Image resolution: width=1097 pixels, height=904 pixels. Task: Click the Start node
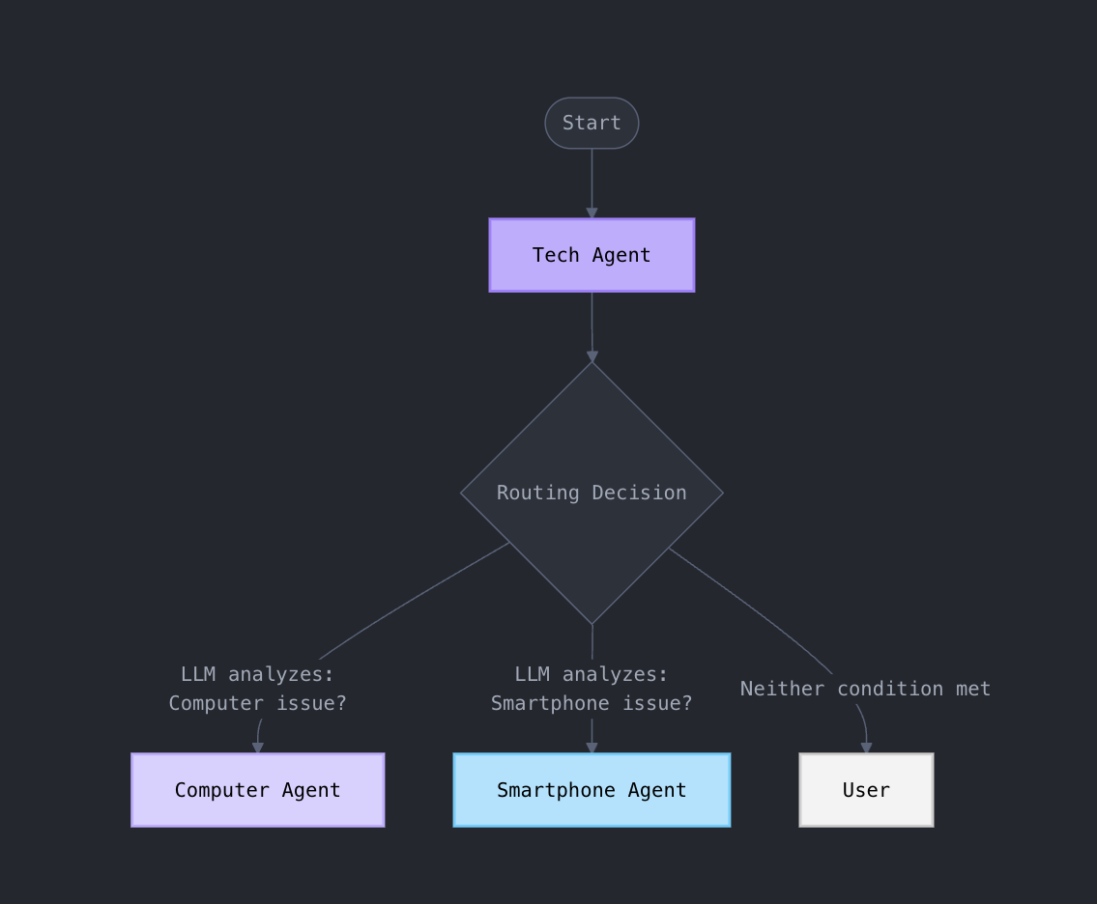coord(592,123)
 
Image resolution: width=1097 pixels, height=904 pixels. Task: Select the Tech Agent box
coord(592,255)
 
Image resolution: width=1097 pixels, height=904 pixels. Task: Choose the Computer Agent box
coord(258,790)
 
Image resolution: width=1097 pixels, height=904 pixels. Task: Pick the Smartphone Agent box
coord(592,790)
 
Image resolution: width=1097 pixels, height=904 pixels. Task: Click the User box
coord(866,790)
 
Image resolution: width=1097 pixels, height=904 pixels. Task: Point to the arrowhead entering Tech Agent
coord(592,213)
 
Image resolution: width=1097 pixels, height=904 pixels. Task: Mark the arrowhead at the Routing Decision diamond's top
coord(592,357)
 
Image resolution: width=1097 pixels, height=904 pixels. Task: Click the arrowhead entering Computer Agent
coord(258,748)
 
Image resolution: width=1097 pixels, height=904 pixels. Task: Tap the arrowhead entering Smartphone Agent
coord(592,748)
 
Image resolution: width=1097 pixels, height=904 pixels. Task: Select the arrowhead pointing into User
coord(866,748)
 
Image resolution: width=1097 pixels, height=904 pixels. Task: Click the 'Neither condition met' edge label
coord(865,689)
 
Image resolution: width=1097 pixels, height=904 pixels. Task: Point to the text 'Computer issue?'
coord(258,703)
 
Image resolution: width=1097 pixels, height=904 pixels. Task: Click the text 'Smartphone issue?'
coord(592,703)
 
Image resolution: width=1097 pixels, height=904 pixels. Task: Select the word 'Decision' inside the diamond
coord(639,493)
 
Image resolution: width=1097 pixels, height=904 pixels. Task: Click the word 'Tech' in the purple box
coord(556,255)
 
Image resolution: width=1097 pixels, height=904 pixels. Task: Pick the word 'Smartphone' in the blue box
coord(556,790)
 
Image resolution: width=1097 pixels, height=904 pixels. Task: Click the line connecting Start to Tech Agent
coord(592,179)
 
